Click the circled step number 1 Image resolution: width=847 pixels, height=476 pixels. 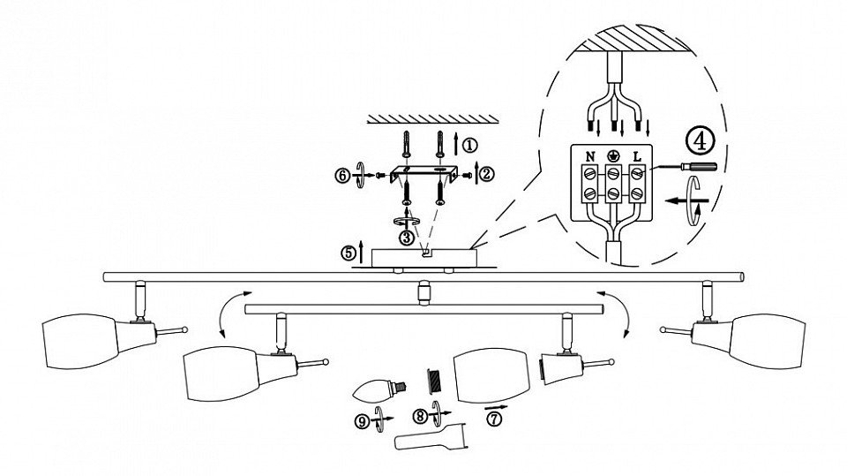click(x=470, y=145)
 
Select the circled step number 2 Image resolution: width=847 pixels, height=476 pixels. click(x=487, y=174)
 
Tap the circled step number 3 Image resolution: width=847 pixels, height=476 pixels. click(x=406, y=237)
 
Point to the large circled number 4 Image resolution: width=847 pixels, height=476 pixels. click(x=700, y=140)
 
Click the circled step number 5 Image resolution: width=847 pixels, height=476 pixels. click(x=349, y=253)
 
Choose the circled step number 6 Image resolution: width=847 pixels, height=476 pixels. click(x=342, y=175)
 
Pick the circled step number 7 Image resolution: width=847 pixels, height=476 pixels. click(x=492, y=418)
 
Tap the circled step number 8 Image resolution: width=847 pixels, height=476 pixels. click(x=421, y=416)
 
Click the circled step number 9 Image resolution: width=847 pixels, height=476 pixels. click(x=363, y=420)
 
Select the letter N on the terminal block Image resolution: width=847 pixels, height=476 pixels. click(x=590, y=157)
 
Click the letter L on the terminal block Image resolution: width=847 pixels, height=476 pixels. click(x=637, y=157)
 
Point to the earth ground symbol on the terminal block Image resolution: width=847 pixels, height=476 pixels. click(x=613, y=156)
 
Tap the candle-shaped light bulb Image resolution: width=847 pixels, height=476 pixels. click(x=379, y=389)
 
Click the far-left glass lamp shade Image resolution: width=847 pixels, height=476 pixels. click(x=80, y=341)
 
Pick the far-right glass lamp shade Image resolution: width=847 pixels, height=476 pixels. click(x=768, y=341)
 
